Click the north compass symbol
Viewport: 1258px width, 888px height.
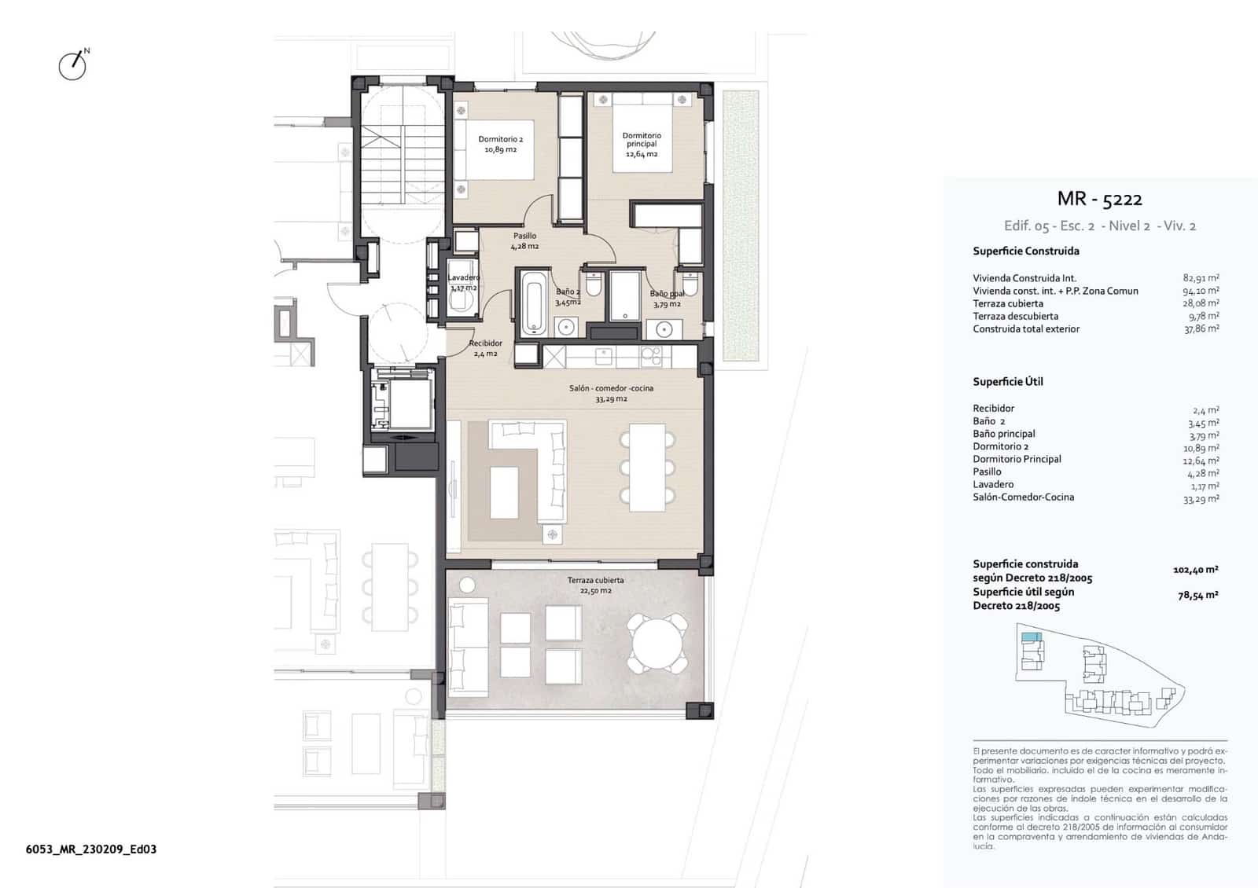73,65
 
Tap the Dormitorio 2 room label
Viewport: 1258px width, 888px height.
500,144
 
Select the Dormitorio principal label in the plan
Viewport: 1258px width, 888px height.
642,145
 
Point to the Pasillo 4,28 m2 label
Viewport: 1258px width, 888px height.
524,240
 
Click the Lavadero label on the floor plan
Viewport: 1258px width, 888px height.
464,282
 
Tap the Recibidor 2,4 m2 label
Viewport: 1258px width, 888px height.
485,348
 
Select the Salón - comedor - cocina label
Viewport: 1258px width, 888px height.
611,393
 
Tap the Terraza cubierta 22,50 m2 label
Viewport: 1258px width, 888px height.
595,585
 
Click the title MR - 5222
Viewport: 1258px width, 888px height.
1099,199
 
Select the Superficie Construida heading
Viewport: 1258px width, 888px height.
1025,251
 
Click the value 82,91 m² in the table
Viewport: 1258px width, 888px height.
1201,278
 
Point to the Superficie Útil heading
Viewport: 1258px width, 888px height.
1007,382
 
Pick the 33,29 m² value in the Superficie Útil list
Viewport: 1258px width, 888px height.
1201,498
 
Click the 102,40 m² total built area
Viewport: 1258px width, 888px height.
1195,570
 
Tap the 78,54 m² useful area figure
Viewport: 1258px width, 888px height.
1197,596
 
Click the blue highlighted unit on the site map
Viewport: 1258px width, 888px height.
1030,638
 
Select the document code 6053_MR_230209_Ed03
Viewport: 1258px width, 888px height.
91,849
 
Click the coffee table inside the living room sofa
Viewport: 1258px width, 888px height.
504,492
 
